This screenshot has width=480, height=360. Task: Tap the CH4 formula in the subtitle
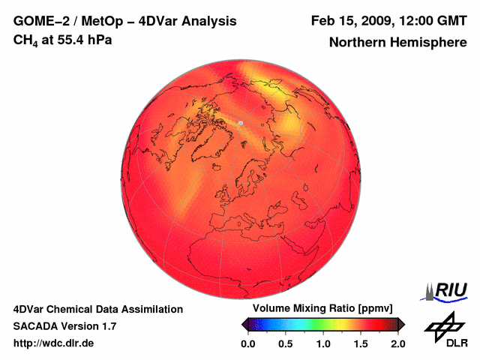click(x=25, y=40)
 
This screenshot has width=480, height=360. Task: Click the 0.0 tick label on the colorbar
click(x=248, y=343)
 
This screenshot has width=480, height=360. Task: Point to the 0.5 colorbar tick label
click(x=286, y=343)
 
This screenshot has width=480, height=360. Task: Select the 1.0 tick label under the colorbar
click(x=323, y=343)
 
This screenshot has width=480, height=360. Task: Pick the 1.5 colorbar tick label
click(x=361, y=343)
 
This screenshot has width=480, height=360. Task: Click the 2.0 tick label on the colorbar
click(x=397, y=343)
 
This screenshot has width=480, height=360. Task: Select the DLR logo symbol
click(x=444, y=325)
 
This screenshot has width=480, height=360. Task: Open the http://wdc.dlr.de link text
click(x=54, y=343)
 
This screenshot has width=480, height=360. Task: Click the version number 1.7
click(x=108, y=326)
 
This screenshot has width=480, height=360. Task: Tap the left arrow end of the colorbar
click(x=244, y=324)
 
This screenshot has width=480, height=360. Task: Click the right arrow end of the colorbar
click(x=401, y=324)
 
